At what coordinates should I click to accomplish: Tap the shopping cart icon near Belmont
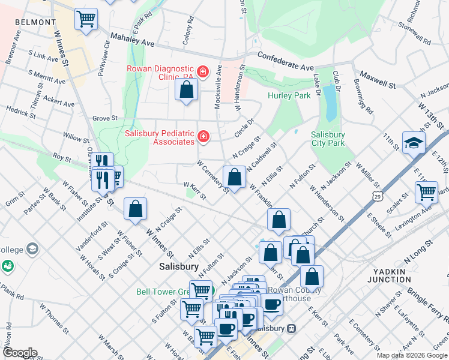tap(86, 19)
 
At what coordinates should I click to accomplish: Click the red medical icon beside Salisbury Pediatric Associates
tap(203, 137)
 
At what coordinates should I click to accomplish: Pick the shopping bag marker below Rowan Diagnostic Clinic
tap(187, 91)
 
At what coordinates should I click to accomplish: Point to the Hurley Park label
tap(289, 95)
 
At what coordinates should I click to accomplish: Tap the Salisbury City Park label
tap(328, 139)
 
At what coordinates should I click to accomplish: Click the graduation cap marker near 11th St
tap(414, 143)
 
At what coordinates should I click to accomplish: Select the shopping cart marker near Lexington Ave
tap(426, 192)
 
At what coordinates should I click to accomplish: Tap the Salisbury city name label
tap(179, 266)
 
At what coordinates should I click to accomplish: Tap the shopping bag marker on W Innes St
tap(136, 209)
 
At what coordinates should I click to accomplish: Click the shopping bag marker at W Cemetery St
tap(234, 176)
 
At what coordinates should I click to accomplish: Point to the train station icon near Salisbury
tap(292, 328)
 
